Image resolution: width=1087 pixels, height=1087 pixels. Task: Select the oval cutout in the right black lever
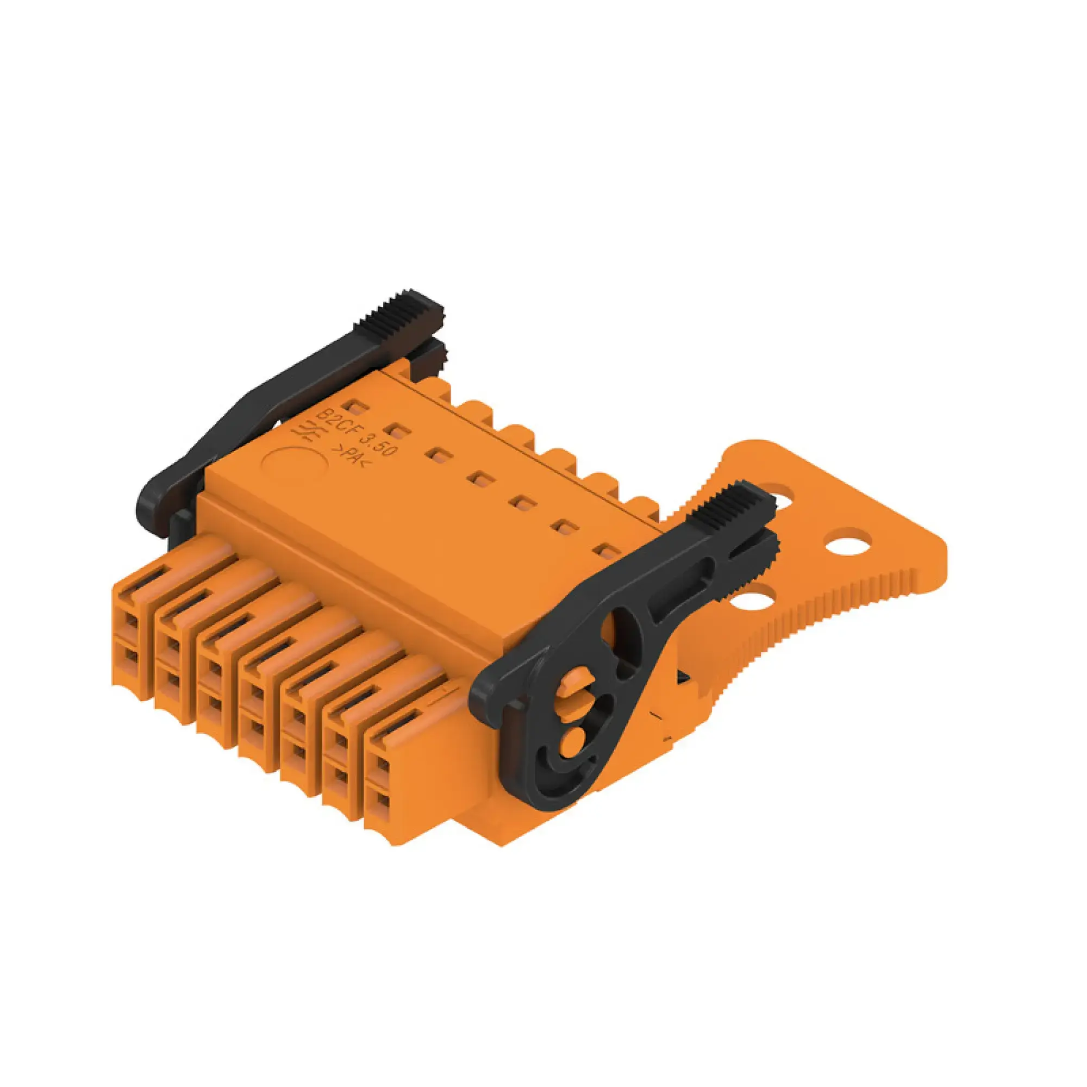point(622,637)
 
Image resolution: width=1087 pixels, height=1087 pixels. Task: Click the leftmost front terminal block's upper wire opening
point(130,622)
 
